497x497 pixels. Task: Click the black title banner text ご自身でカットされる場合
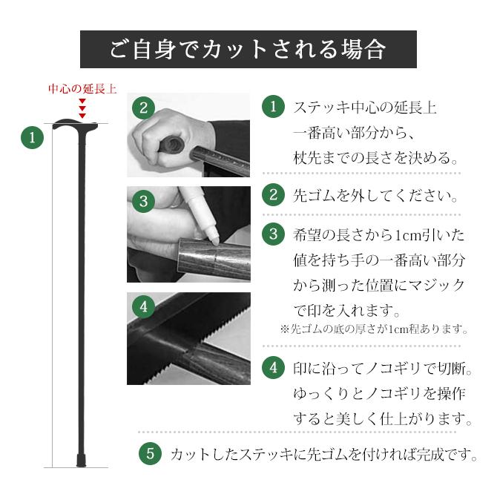coord(248,50)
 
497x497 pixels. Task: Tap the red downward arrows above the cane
coord(82,110)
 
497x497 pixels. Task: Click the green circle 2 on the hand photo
coord(144,107)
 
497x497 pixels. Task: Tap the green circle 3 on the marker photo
coord(144,201)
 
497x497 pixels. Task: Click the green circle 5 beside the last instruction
coord(151,452)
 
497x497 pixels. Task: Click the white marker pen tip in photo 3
coord(212,236)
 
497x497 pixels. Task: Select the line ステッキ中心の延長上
coord(364,108)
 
